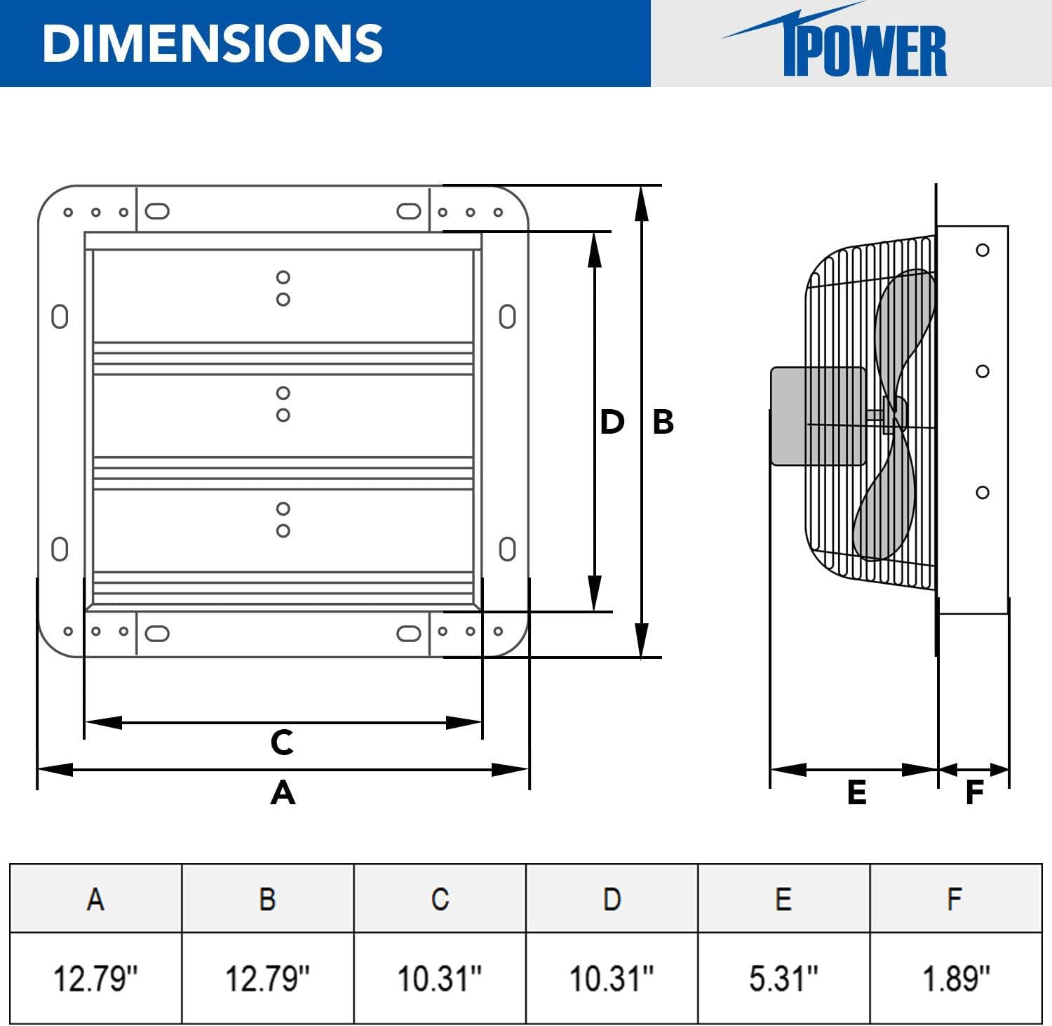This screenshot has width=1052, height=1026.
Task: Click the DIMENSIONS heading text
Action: (212, 44)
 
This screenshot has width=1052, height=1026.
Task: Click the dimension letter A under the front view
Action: (283, 792)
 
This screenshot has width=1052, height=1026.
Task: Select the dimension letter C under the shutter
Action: (282, 742)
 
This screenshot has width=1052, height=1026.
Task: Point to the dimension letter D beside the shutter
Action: (612, 422)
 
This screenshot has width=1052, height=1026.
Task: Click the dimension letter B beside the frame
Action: (663, 422)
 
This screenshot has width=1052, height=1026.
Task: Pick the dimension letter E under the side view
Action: (856, 792)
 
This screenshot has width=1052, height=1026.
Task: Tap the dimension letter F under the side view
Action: (974, 792)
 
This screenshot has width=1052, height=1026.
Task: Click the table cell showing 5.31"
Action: (783, 978)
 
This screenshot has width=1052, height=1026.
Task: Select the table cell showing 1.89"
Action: (956, 978)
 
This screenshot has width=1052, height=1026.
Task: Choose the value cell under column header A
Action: (95, 978)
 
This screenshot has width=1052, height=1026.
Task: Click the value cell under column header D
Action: (612, 978)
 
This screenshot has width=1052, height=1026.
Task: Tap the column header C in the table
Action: (440, 899)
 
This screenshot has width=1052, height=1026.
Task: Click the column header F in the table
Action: (955, 899)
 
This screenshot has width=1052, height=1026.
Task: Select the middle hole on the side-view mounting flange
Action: (983, 371)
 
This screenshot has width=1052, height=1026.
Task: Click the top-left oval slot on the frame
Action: (157, 211)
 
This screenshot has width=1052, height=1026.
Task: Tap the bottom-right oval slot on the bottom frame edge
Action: (409, 634)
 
